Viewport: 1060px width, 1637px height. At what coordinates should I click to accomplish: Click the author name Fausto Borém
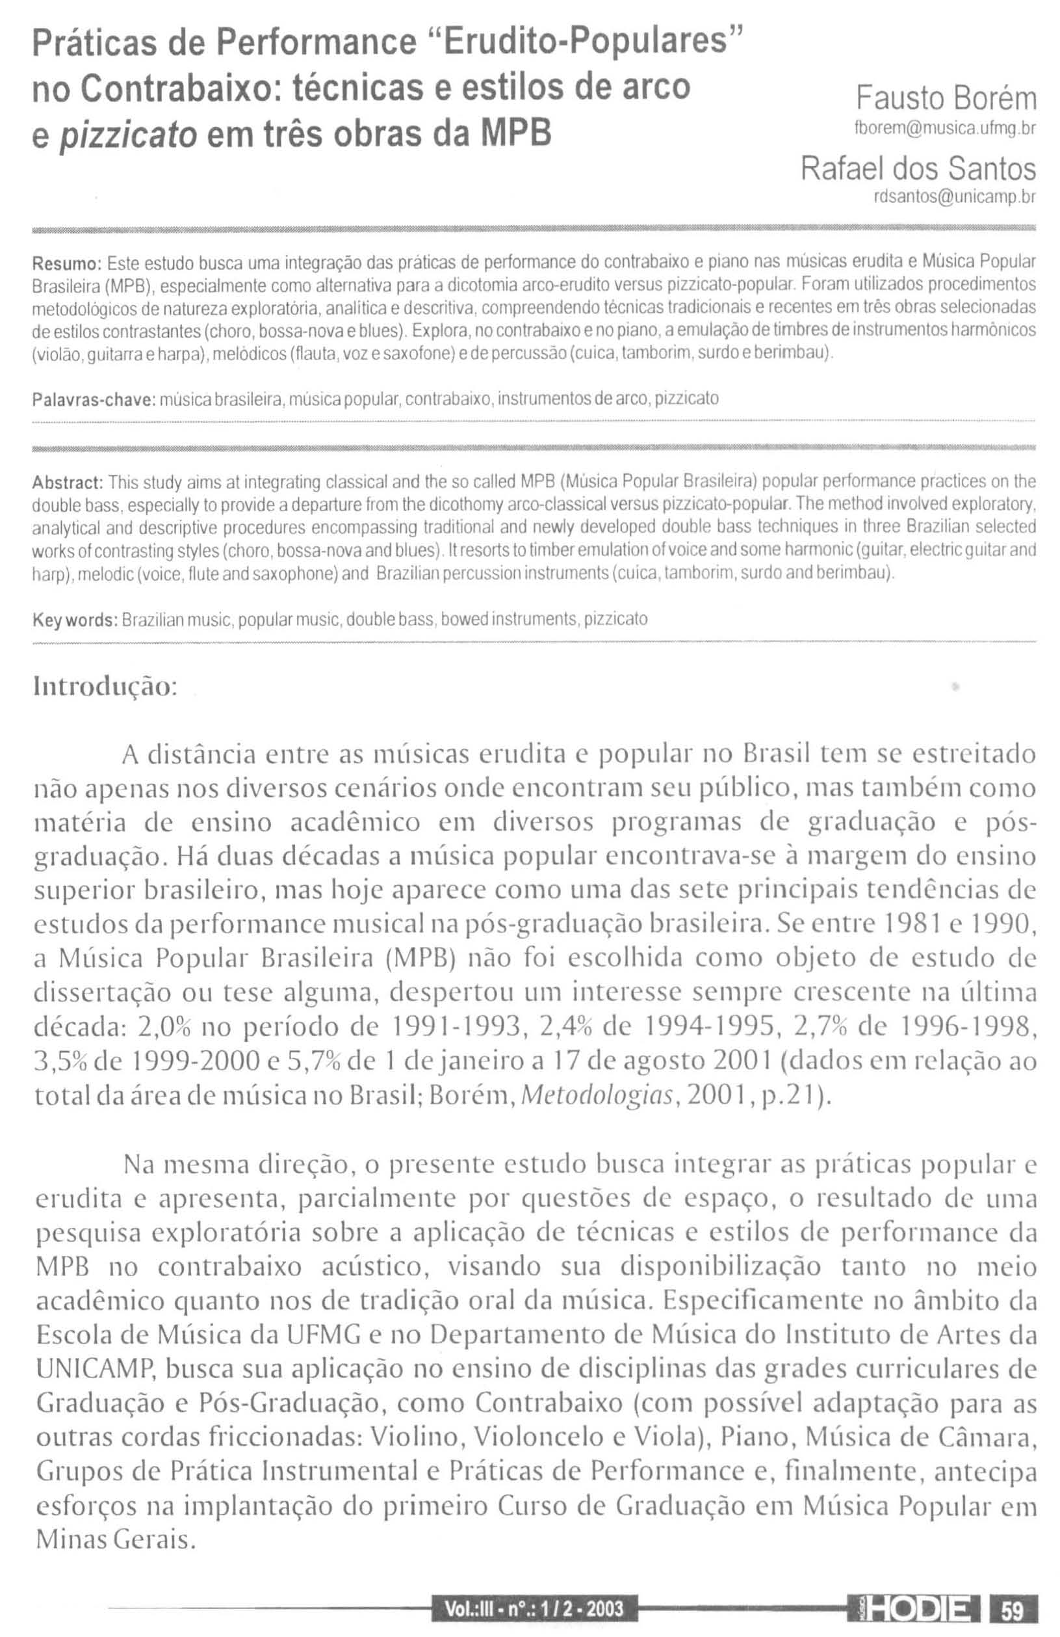(x=945, y=99)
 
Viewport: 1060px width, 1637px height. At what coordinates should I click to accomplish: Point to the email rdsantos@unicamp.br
(x=953, y=198)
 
